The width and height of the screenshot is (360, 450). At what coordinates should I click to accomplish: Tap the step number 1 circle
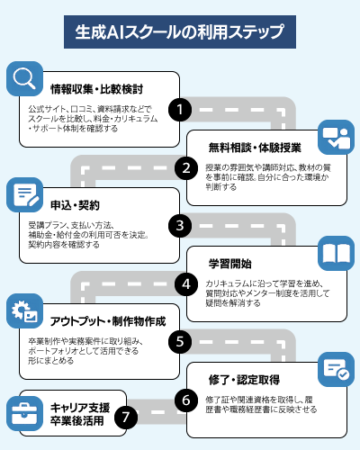click(x=181, y=110)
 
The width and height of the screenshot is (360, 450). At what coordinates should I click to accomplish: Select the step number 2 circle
click(x=185, y=167)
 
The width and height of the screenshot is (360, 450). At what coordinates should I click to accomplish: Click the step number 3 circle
click(x=181, y=225)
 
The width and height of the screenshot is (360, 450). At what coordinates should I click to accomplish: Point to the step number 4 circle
click(x=185, y=283)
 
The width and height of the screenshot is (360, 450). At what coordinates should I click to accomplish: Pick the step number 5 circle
click(x=181, y=341)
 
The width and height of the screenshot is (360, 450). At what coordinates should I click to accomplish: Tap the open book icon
click(x=336, y=252)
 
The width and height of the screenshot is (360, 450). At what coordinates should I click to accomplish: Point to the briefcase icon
click(x=24, y=411)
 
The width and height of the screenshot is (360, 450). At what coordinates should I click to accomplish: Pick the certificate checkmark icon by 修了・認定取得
click(x=336, y=368)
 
